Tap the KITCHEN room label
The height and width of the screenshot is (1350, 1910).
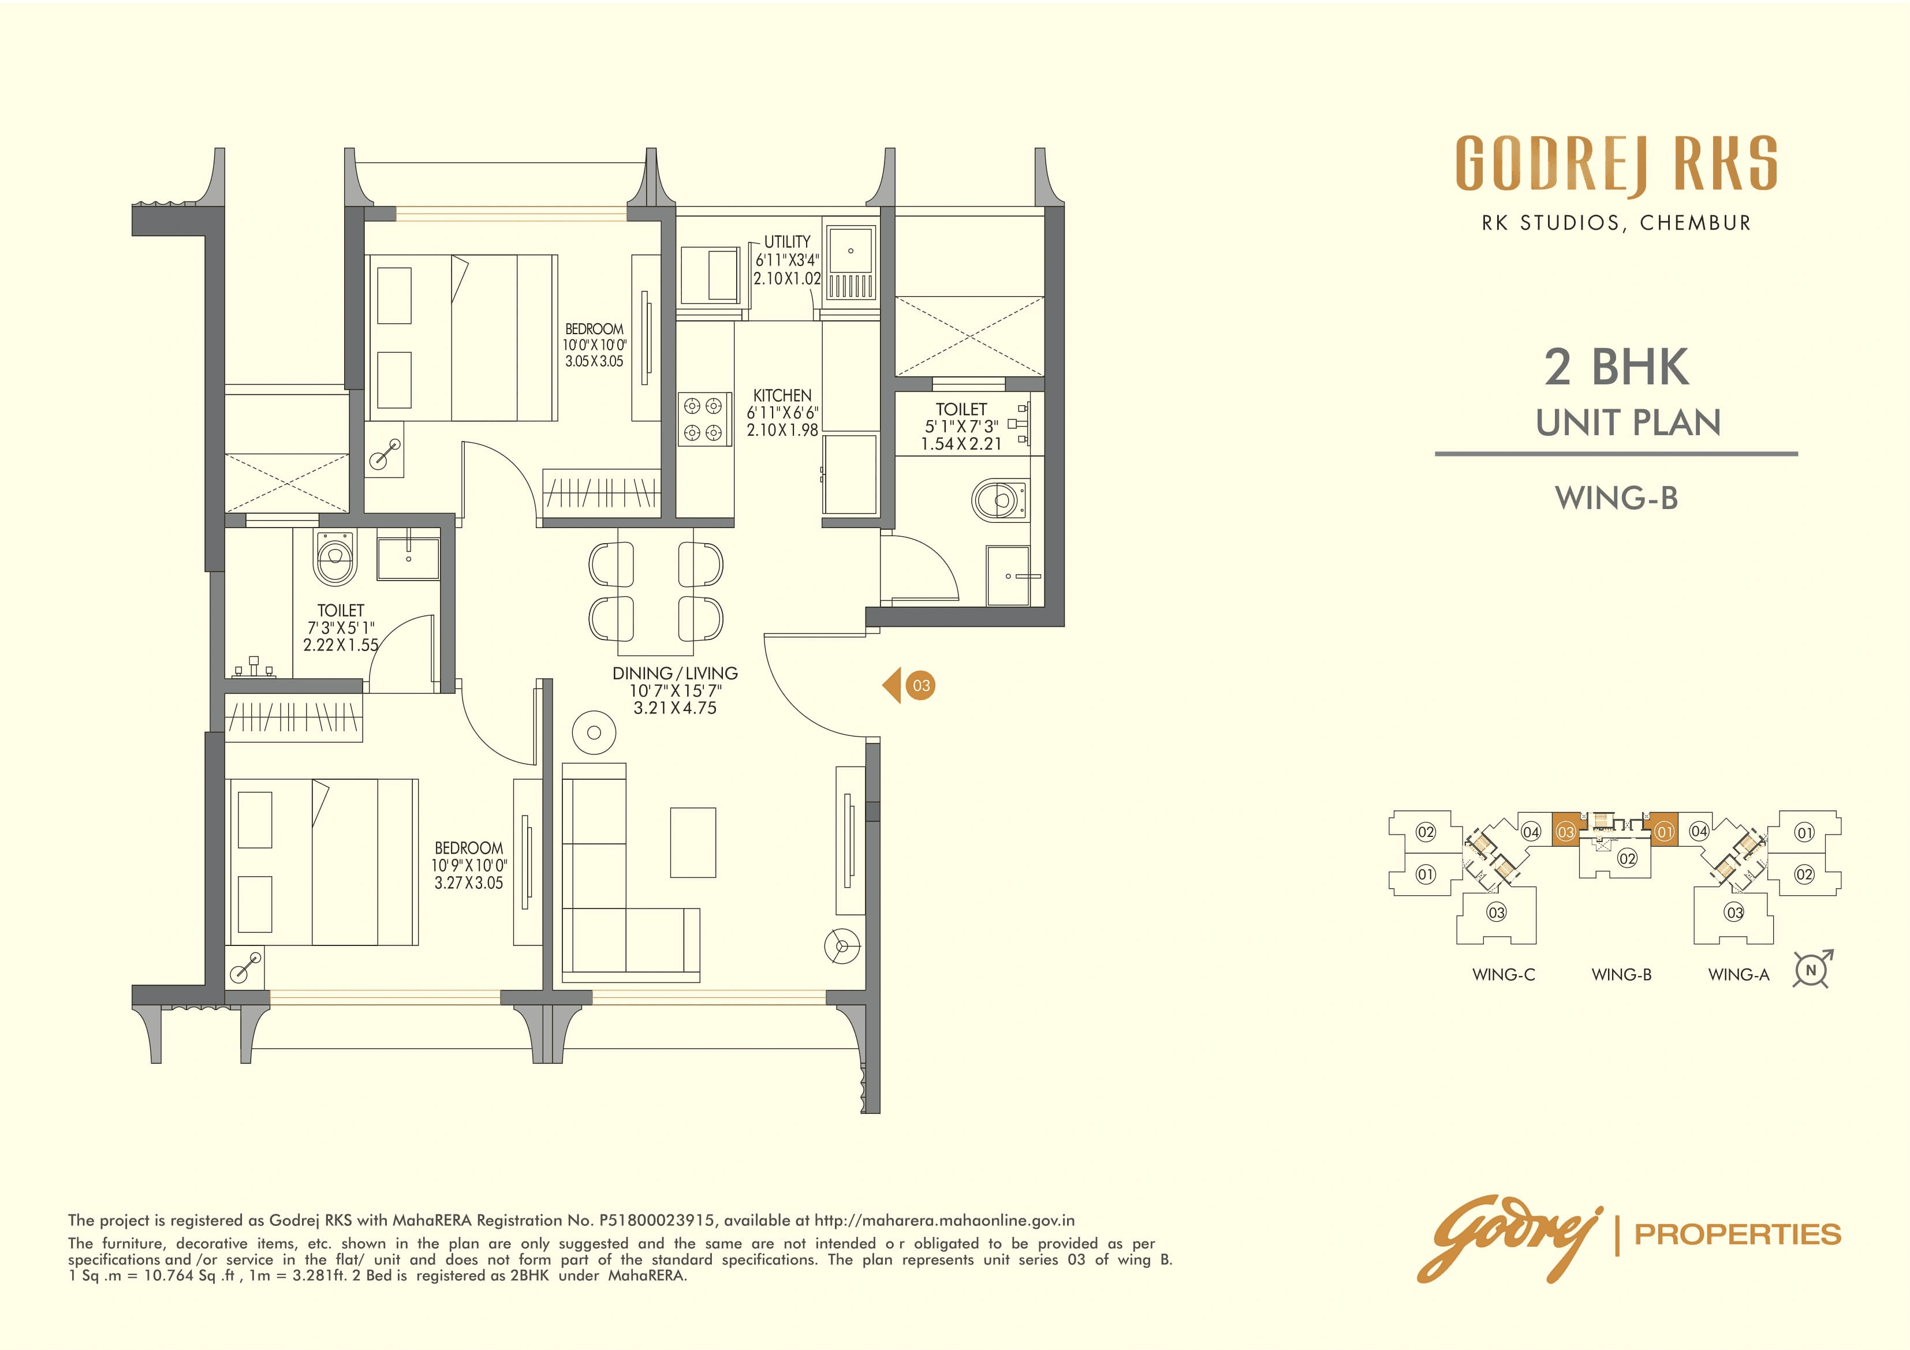(782, 395)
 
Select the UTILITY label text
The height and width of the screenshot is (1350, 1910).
(787, 242)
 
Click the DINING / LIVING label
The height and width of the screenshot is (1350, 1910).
(674, 673)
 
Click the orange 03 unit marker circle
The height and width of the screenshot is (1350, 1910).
(921, 686)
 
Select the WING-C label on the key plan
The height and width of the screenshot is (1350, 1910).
(1503, 974)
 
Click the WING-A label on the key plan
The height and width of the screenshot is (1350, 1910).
(1739, 974)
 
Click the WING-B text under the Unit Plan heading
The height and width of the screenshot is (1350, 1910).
(1616, 498)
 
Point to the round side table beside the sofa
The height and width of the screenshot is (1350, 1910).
(594, 733)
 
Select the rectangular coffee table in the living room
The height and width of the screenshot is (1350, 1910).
(693, 842)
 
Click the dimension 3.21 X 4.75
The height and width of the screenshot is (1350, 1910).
(674, 709)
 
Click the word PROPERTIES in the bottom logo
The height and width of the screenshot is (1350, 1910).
(1738, 1235)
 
